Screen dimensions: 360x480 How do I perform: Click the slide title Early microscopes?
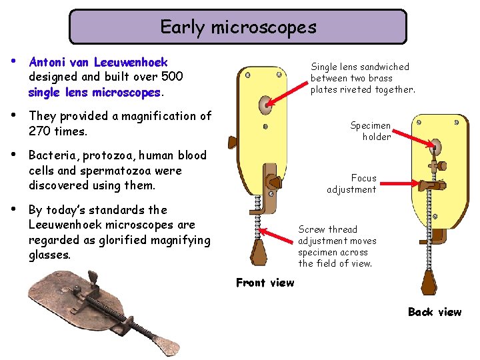(238, 27)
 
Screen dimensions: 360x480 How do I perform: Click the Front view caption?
(265, 283)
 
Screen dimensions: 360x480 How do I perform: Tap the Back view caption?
(434, 312)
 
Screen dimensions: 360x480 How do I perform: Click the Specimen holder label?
(371, 131)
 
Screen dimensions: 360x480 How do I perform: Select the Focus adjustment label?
(352, 184)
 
